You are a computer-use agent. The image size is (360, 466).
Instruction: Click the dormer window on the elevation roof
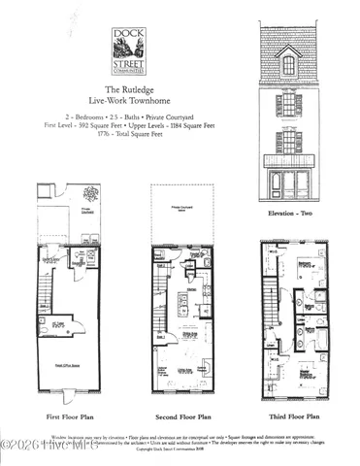click(x=288, y=66)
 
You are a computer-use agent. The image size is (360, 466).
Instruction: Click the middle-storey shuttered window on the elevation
click(x=288, y=104)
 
